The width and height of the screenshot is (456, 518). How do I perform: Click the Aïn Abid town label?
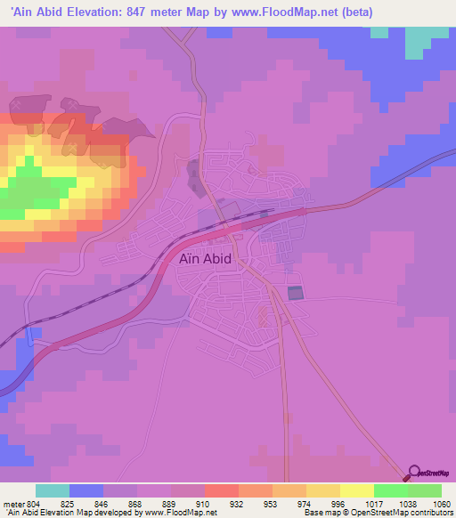coord(205,259)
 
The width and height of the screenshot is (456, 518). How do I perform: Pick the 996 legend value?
coord(322,504)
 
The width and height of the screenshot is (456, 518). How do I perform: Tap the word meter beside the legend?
coord(13,504)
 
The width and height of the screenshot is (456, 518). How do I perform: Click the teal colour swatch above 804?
coord(53,490)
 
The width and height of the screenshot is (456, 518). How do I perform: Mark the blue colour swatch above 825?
coord(86,490)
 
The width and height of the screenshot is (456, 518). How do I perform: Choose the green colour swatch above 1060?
coord(425,490)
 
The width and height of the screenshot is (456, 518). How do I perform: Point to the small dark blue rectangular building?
coord(295,293)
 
